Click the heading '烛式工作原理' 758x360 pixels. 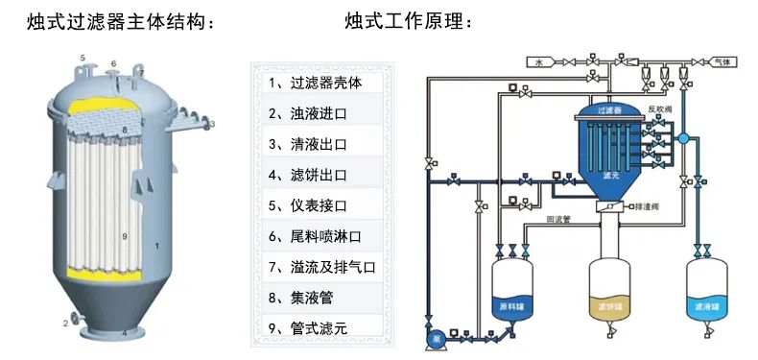click(409, 21)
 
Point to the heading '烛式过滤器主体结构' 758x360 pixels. click(120, 21)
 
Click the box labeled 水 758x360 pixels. click(539, 62)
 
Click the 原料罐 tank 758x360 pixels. click(512, 293)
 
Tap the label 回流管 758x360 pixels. click(559, 219)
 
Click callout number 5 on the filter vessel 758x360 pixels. click(83, 60)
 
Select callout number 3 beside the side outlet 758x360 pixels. click(212, 124)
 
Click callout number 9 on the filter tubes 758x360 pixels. click(125, 235)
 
